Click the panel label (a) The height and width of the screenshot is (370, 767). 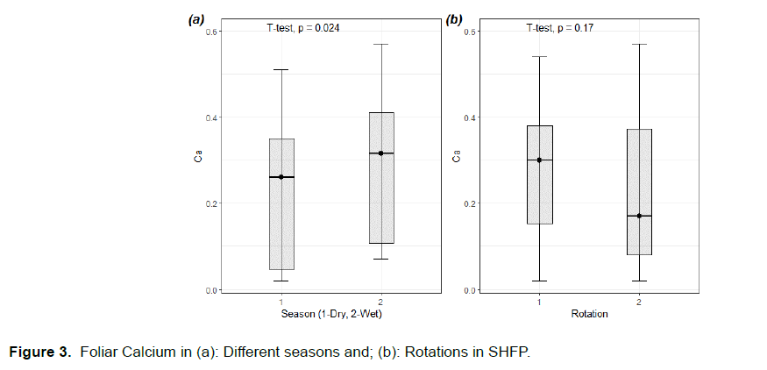tap(196, 19)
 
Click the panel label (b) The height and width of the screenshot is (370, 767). tap(454, 19)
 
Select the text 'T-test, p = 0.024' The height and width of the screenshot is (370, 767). tap(303, 28)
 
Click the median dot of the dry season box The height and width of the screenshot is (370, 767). tap(281, 177)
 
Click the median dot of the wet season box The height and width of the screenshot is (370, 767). tap(381, 153)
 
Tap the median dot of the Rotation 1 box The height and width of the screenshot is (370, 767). tap(540, 160)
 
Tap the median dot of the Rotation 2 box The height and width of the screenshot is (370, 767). tap(639, 216)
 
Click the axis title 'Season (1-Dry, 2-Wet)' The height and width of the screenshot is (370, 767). tap(331, 314)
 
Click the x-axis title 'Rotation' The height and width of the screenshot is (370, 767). tap(589, 314)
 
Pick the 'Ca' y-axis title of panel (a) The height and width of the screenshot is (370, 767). tap(199, 159)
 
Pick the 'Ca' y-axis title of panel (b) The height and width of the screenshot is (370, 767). tap(457, 159)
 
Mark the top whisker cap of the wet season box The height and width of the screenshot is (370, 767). tap(381, 44)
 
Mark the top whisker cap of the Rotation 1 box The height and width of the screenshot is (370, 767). tap(540, 57)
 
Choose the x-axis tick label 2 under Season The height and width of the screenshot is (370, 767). tap(381, 301)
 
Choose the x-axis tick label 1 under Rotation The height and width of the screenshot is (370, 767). tap(540, 301)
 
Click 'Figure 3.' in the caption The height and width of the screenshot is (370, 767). tap(39, 352)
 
